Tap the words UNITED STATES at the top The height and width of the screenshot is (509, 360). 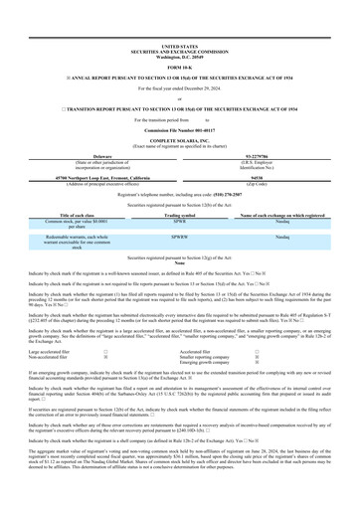tap(179, 18)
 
